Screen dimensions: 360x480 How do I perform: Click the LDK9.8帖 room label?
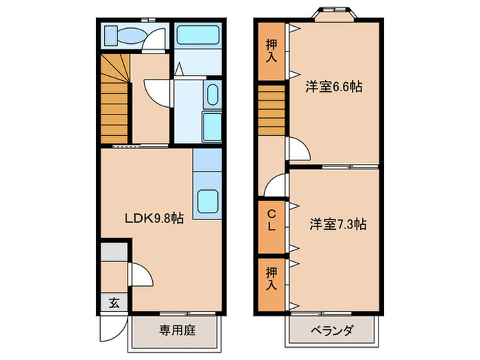point(154,219)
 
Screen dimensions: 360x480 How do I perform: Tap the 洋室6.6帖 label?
point(335,87)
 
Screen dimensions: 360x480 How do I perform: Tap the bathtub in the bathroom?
point(196,36)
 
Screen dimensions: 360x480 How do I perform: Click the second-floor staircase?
point(272,110)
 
